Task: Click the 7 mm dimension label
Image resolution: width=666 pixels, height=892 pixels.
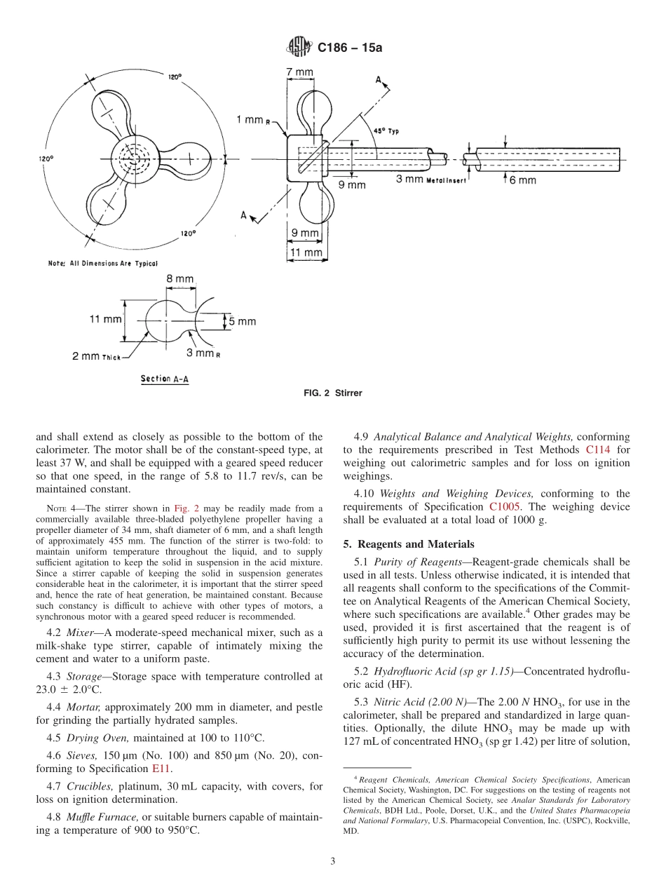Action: coord(300,72)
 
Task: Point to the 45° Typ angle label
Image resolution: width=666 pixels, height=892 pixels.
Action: coord(388,131)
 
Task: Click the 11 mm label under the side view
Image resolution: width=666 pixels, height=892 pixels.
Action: coord(306,252)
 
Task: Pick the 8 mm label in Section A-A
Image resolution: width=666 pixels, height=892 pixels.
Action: coord(180,279)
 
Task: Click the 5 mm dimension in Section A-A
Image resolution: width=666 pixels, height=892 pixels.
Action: coord(242,321)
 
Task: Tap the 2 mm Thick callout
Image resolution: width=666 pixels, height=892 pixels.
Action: coord(97,356)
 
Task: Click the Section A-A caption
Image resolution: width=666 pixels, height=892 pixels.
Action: coord(165,379)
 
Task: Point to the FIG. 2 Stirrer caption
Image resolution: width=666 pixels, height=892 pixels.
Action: coord(333,393)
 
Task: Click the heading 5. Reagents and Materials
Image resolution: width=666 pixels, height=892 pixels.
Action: coord(409,544)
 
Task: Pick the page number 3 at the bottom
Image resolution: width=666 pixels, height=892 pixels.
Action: coord(333,861)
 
